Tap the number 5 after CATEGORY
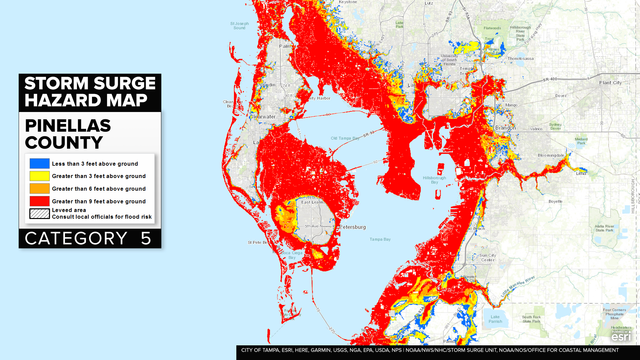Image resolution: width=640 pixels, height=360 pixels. pyautogui.click(x=148, y=240)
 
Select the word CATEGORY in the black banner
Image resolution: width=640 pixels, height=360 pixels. pyautogui.click(x=76, y=240)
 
